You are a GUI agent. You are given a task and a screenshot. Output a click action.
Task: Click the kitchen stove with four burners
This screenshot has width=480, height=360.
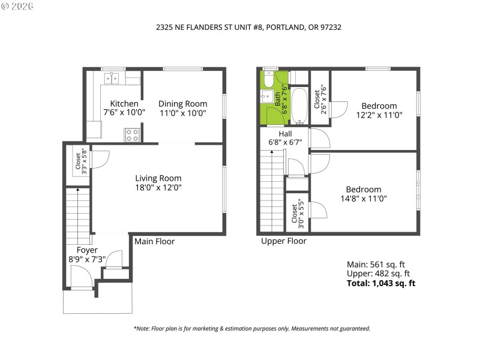pyautogui.click(x=132, y=136)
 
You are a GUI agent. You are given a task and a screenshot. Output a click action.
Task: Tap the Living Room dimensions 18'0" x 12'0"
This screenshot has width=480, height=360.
pyautogui.click(x=158, y=187)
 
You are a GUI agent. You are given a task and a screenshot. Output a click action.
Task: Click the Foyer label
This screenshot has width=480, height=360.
pyautogui.click(x=87, y=250)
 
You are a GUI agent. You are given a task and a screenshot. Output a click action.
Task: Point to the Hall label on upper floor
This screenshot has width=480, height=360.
pyautogui.click(x=285, y=133)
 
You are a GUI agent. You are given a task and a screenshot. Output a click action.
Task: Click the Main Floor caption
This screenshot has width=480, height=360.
pyautogui.click(x=154, y=241)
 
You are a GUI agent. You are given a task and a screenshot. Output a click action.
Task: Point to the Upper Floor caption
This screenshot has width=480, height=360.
pyautogui.click(x=283, y=241)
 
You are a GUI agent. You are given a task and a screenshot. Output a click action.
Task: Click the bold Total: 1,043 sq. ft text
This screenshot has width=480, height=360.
pyautogui.click(x=381, y=283)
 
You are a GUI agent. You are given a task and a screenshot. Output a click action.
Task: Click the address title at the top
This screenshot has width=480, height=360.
pyautogui.click(x=239, y=26)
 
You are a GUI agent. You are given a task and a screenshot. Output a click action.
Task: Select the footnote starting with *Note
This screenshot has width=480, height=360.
pyautogui.click(x=251, y=328)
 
